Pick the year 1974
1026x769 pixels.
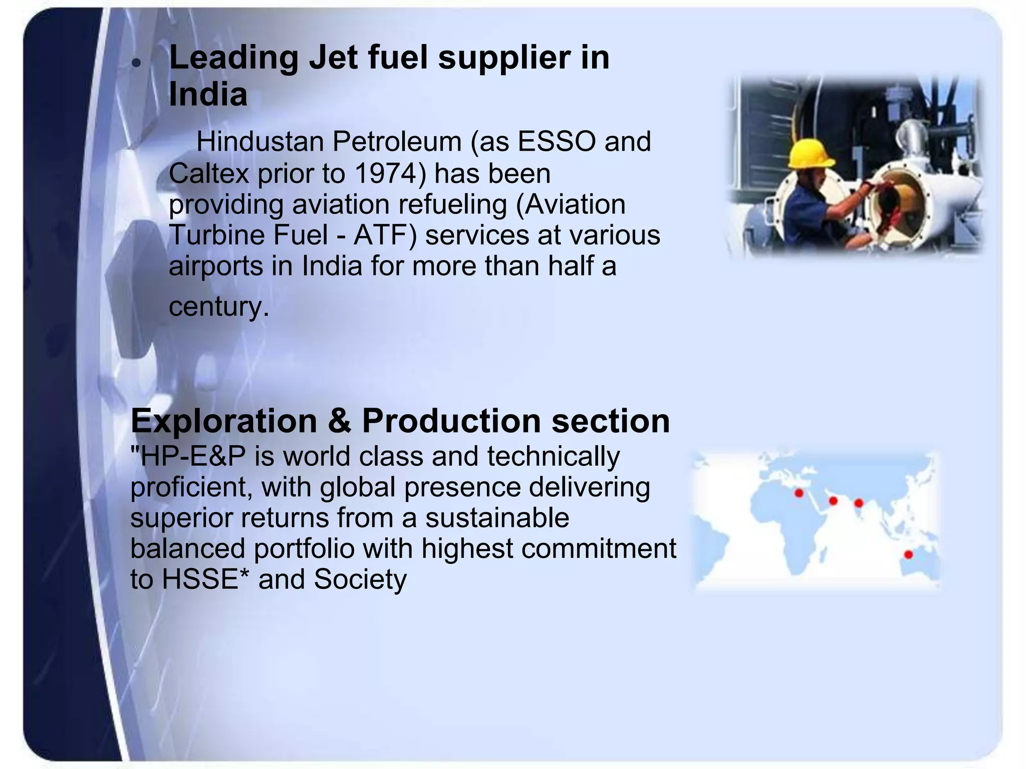click(386, 174)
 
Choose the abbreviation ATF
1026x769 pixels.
click(385, 235)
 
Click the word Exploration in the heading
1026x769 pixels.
click(224, 421)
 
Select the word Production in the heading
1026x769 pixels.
click(451, 421)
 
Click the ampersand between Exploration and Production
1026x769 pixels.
click(340, 421)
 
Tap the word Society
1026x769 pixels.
click(360, 580)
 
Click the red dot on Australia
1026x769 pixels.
click(908, 555)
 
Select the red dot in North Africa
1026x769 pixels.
click(799, 494)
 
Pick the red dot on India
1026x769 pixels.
click(859, 503)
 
